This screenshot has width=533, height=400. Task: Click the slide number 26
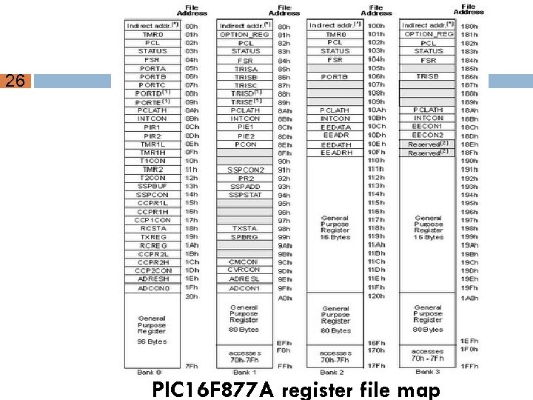[15, 81]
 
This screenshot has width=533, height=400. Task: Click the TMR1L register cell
[152, 144]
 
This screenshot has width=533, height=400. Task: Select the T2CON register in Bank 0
[152, 178]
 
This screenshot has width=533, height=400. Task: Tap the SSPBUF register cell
[152, 186]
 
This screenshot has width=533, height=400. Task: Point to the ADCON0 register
[152, 288]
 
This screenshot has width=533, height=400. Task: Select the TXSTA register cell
[245, 229]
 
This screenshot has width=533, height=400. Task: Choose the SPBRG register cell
[245, 237]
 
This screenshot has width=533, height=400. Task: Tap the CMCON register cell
[245, 261]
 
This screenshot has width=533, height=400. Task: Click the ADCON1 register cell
[245, 288]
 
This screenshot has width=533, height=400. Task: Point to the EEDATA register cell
[335, 127]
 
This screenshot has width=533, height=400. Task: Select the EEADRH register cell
[335, 153]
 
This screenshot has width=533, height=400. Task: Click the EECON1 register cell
[429, 127]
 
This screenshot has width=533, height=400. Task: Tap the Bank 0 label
[149, 371]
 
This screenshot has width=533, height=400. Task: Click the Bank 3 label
[428, 371]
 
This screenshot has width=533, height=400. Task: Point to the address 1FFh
[469, 366]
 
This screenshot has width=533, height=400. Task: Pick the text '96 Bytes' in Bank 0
[152, 341]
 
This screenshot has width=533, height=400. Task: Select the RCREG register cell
[152, 245]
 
